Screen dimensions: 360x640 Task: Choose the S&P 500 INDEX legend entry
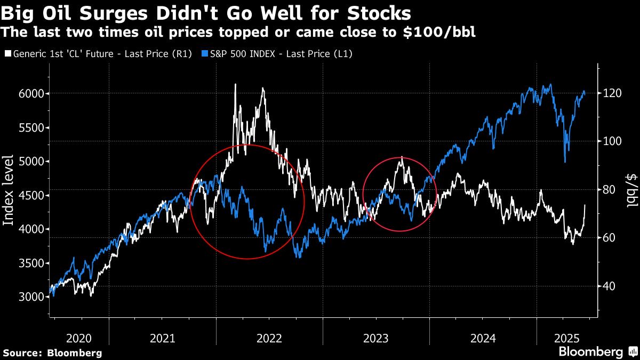tap(277, 53)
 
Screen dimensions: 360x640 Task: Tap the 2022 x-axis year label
tap(269, 338)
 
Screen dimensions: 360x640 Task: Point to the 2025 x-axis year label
tap(567, 338)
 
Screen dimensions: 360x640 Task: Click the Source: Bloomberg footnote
tap(52, 353)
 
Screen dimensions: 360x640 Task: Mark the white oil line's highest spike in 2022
tap(235, 84)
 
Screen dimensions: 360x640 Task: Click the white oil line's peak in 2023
tap(402, 157)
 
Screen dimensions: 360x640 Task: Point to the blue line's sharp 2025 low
tap(564, 162)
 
